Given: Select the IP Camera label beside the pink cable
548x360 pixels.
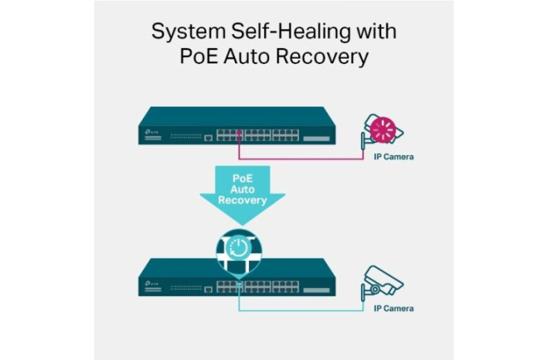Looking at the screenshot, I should tap(393, 157).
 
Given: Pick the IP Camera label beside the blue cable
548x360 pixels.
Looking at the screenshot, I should tap(393, 308).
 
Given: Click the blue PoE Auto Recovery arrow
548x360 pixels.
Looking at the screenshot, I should tap(242, 193).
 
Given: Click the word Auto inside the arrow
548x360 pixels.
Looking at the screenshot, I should tap(242, 188).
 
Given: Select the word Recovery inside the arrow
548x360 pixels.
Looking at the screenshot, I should tap(242, 200).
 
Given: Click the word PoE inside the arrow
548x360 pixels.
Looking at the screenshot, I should tap(242, 177).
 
